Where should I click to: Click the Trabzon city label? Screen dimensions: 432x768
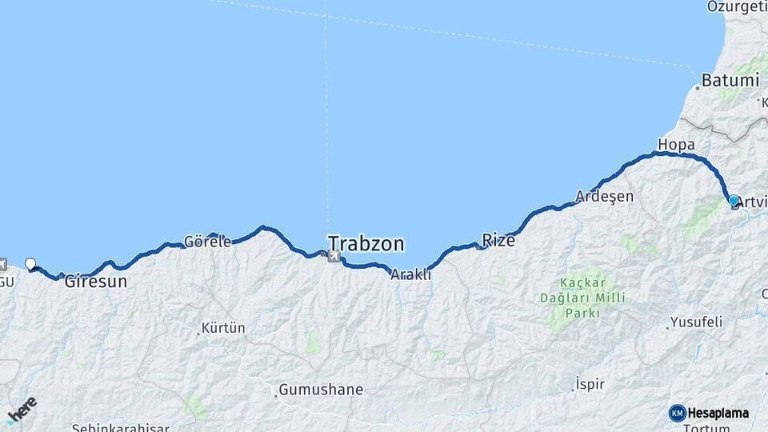(366, 243)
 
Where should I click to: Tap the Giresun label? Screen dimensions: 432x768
(96, 282)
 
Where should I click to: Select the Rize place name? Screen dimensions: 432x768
(498, 240)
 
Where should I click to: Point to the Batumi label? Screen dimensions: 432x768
(730, 81)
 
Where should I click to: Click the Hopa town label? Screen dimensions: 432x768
(676, 144)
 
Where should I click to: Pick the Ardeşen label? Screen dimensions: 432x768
(605, 197)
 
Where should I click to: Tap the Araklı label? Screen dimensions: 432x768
(410, 274)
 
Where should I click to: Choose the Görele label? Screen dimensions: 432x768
(207, 241)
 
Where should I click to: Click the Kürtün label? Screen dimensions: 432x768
(223, 328)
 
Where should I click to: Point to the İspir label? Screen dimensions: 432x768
(590, 385)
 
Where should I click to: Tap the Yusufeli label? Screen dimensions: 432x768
(696, 322)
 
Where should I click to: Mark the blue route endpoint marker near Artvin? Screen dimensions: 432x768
(734, 200)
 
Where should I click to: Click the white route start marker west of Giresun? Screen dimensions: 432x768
(30, 263)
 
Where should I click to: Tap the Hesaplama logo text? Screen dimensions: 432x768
(718, 413)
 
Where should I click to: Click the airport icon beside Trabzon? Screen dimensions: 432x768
(334, 256)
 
